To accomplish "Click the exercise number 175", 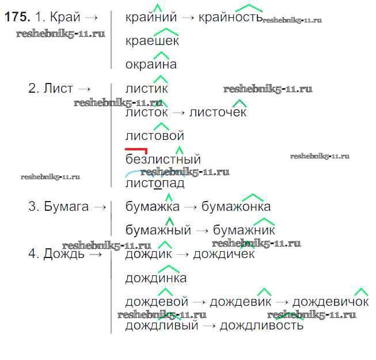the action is (x=17, y=17).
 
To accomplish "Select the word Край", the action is (x=65, y=17).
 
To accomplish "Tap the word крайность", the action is (x=231, y=17).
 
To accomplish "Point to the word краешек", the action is (x=152, y=41).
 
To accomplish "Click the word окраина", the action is (x=151, y=65).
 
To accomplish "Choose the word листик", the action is (x=146, y=88).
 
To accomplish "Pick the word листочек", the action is (x=218, y=112).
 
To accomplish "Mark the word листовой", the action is (x=155, y=136).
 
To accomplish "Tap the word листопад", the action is (x=155, y=184).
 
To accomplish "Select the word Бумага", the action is (x=66, y=206).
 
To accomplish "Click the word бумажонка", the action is (x=236, y=207).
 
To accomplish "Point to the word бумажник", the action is (x=244, y=230).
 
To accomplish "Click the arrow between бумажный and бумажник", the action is (x=202, y=231).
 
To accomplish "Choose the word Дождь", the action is (x=64, y=254).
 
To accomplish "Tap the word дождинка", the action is (x=156, y=278).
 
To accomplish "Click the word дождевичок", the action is (x=331, y=301).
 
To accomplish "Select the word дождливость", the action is (x=261, y=325).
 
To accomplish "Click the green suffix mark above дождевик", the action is (x=264, y=292).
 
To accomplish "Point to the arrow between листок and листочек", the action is (x=178, y=113).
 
